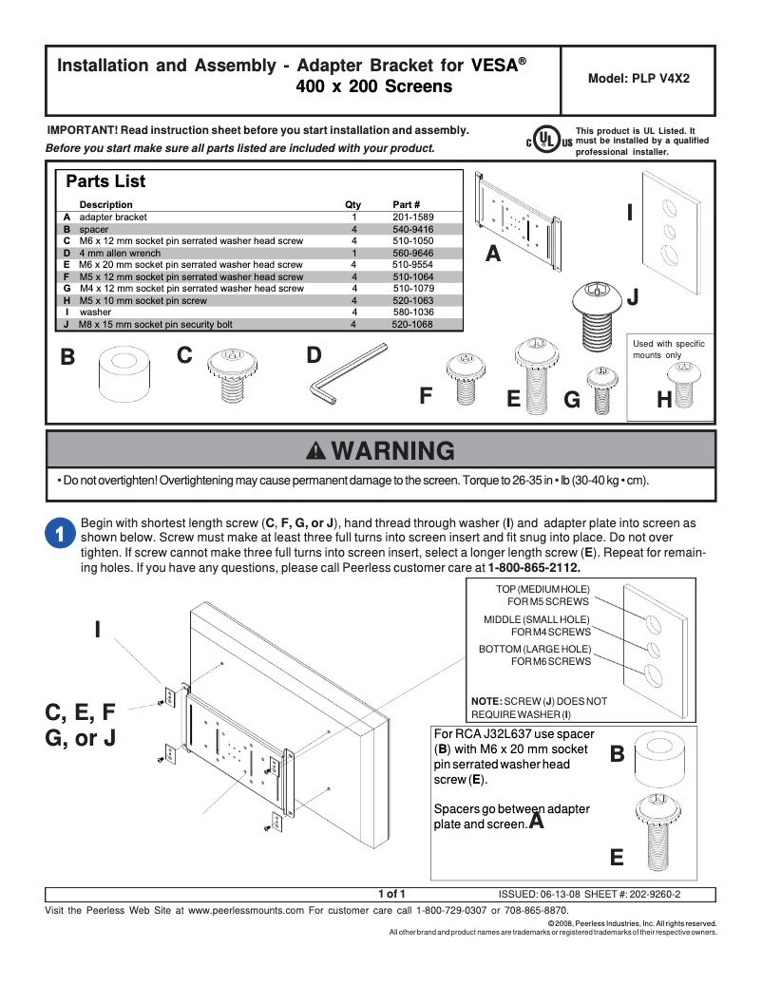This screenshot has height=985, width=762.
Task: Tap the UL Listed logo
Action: (543, 140)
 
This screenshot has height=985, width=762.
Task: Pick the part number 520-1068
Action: (412, 324)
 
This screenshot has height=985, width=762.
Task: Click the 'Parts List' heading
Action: (105, 180)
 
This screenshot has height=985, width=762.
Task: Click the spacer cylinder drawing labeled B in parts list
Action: (123, 374)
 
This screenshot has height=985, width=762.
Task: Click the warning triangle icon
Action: (316, 450)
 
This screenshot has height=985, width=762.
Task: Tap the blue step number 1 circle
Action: (59, 534)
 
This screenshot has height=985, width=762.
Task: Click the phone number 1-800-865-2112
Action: (534, 568)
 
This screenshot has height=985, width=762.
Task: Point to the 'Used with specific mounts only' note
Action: (668, 349)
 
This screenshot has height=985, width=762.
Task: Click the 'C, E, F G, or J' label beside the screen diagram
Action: (82, 724)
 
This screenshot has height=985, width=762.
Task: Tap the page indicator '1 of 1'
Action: (391, 894)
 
